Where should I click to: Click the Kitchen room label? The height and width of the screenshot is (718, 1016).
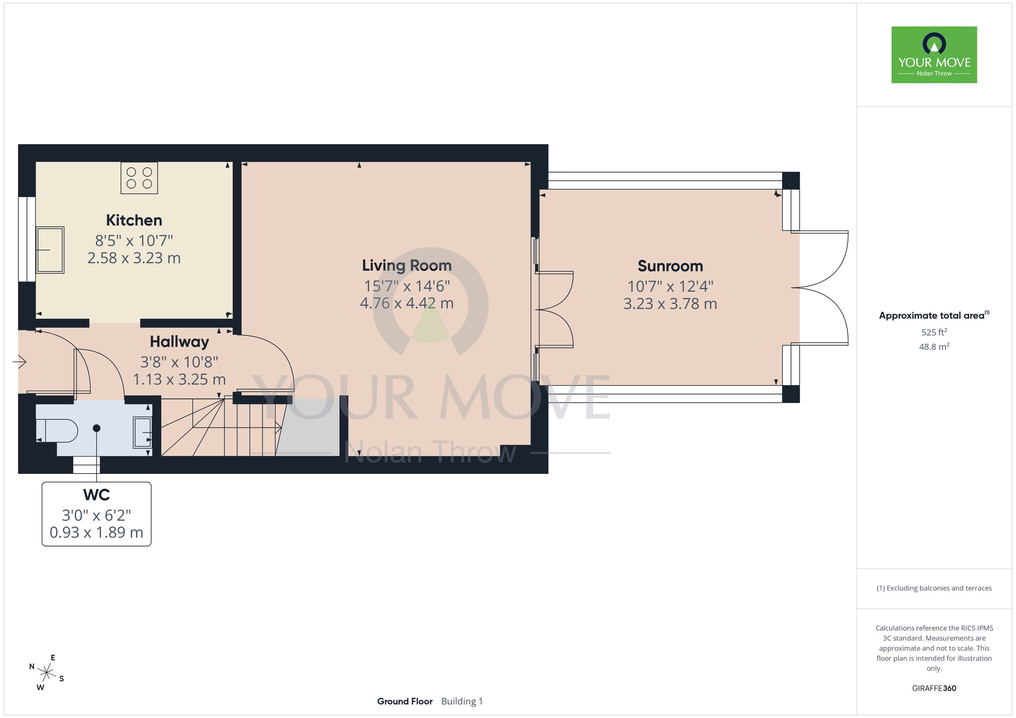(134, 220)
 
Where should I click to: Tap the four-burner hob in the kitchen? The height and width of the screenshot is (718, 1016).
(139, 178)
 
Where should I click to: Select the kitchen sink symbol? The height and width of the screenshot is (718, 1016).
(50, 250)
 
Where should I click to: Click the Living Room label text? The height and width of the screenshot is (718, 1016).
(407, 266)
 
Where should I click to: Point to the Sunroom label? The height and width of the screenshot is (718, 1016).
(670, 266)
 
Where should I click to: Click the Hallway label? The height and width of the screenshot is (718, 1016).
(179, 342)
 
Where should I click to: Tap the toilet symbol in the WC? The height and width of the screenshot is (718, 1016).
(57, 431)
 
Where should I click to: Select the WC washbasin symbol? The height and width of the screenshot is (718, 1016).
(142, 432)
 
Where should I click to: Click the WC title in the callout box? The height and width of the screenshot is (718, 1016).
(97, 495)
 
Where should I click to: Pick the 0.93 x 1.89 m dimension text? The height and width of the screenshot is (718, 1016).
(97, 532)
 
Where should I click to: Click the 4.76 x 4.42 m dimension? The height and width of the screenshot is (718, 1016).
(407, 303)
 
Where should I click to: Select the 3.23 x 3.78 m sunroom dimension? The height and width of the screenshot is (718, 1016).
(670, 304)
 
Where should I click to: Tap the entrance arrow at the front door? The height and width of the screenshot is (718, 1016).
(20, 362)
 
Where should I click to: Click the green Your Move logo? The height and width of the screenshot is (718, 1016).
(934, 55)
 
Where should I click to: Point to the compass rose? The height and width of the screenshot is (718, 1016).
(47, 673)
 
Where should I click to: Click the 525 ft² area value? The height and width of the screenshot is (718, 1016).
(934, 332)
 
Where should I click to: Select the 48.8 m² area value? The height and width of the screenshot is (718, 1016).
(934, 347)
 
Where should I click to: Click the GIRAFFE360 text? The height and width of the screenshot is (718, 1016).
(934, 689)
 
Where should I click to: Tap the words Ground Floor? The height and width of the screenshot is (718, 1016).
(405, 701)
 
